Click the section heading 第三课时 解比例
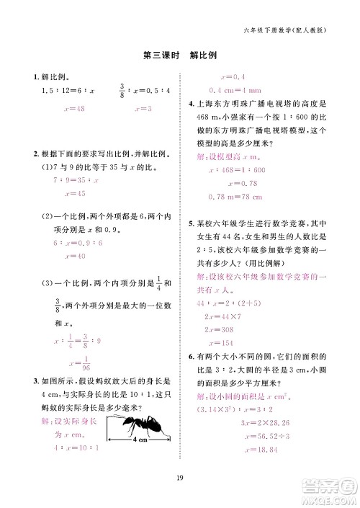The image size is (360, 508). click(180, 55)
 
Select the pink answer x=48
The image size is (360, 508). click(74, 108)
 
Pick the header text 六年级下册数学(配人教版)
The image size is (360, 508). click(285, 31)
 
